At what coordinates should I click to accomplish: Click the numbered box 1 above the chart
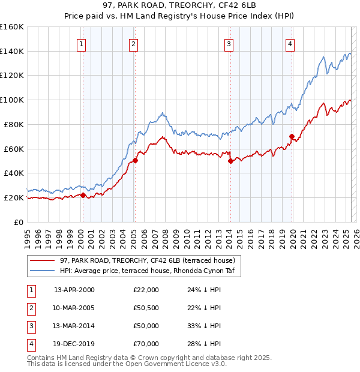pyautogui.click(x=80, y=43)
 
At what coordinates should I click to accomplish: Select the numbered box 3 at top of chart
pyautogui.click(x=229, y=43)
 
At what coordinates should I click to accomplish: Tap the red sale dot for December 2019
pyautogui.click(x=292, y=136)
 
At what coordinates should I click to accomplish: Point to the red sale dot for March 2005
pyautogui.click(x=135, y=160)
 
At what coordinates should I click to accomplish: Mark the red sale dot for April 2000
pyautogui.click(x=83, y=195)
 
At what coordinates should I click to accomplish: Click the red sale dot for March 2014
pyautogui.click(x=230, y=161)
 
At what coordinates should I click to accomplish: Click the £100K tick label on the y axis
pyautogui.click(x=11, y=100)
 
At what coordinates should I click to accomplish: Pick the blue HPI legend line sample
pyautogui.click(x=43, y=271)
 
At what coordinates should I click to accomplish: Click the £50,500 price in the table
pyautogui.click(x=146, y=307)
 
